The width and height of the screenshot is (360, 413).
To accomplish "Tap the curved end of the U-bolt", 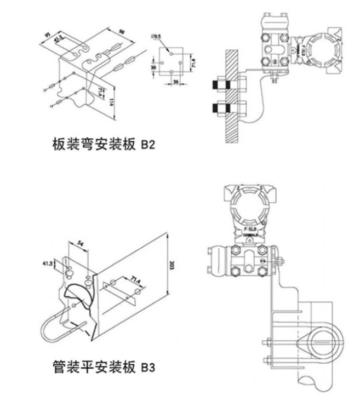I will [46, 331].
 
